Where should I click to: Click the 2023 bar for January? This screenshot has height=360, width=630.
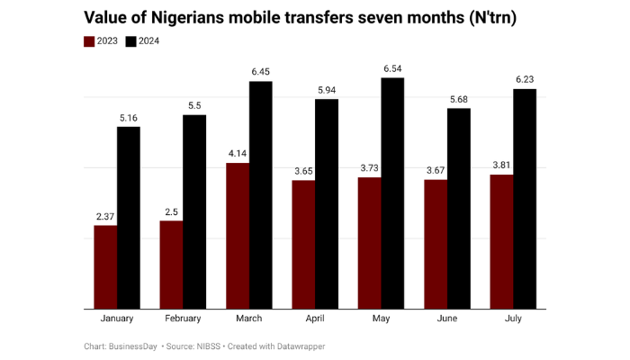105,266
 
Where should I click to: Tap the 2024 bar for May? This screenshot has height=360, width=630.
392,193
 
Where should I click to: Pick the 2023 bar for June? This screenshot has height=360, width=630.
436,244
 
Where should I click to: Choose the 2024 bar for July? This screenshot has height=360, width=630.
525,199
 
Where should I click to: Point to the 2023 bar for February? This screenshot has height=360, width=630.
171,265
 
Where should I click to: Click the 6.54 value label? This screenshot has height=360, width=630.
392,67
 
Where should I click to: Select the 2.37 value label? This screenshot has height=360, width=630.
105,215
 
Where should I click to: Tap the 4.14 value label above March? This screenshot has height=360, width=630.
238,153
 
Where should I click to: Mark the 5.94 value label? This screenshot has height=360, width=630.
327,89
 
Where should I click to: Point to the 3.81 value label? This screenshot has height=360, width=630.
501,165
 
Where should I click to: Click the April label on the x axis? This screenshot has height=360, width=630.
315,319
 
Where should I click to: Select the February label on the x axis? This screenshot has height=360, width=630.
183,319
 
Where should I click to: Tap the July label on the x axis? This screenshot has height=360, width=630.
513,319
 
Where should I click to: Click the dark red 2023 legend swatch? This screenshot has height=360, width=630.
89,40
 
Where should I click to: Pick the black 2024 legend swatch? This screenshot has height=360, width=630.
130,40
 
